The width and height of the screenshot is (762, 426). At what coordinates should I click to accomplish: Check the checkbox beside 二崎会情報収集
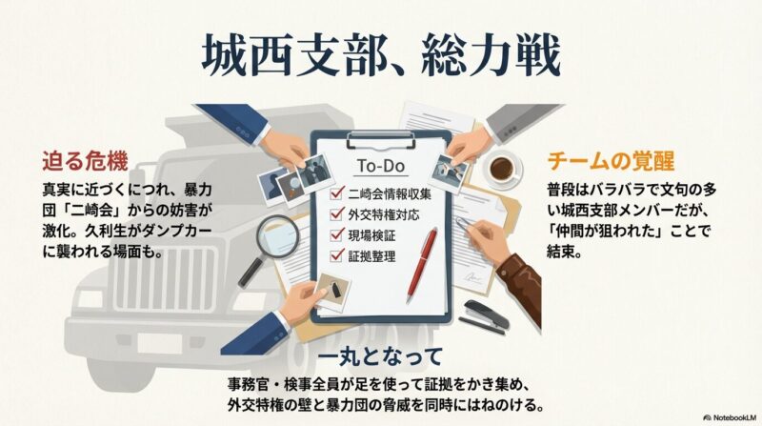[336, 194]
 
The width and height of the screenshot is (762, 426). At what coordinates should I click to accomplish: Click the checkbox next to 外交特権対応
[336, 214]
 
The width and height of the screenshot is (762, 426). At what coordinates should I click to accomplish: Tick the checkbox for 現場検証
[336, 234]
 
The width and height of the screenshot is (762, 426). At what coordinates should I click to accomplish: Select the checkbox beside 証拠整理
[336, 254]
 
